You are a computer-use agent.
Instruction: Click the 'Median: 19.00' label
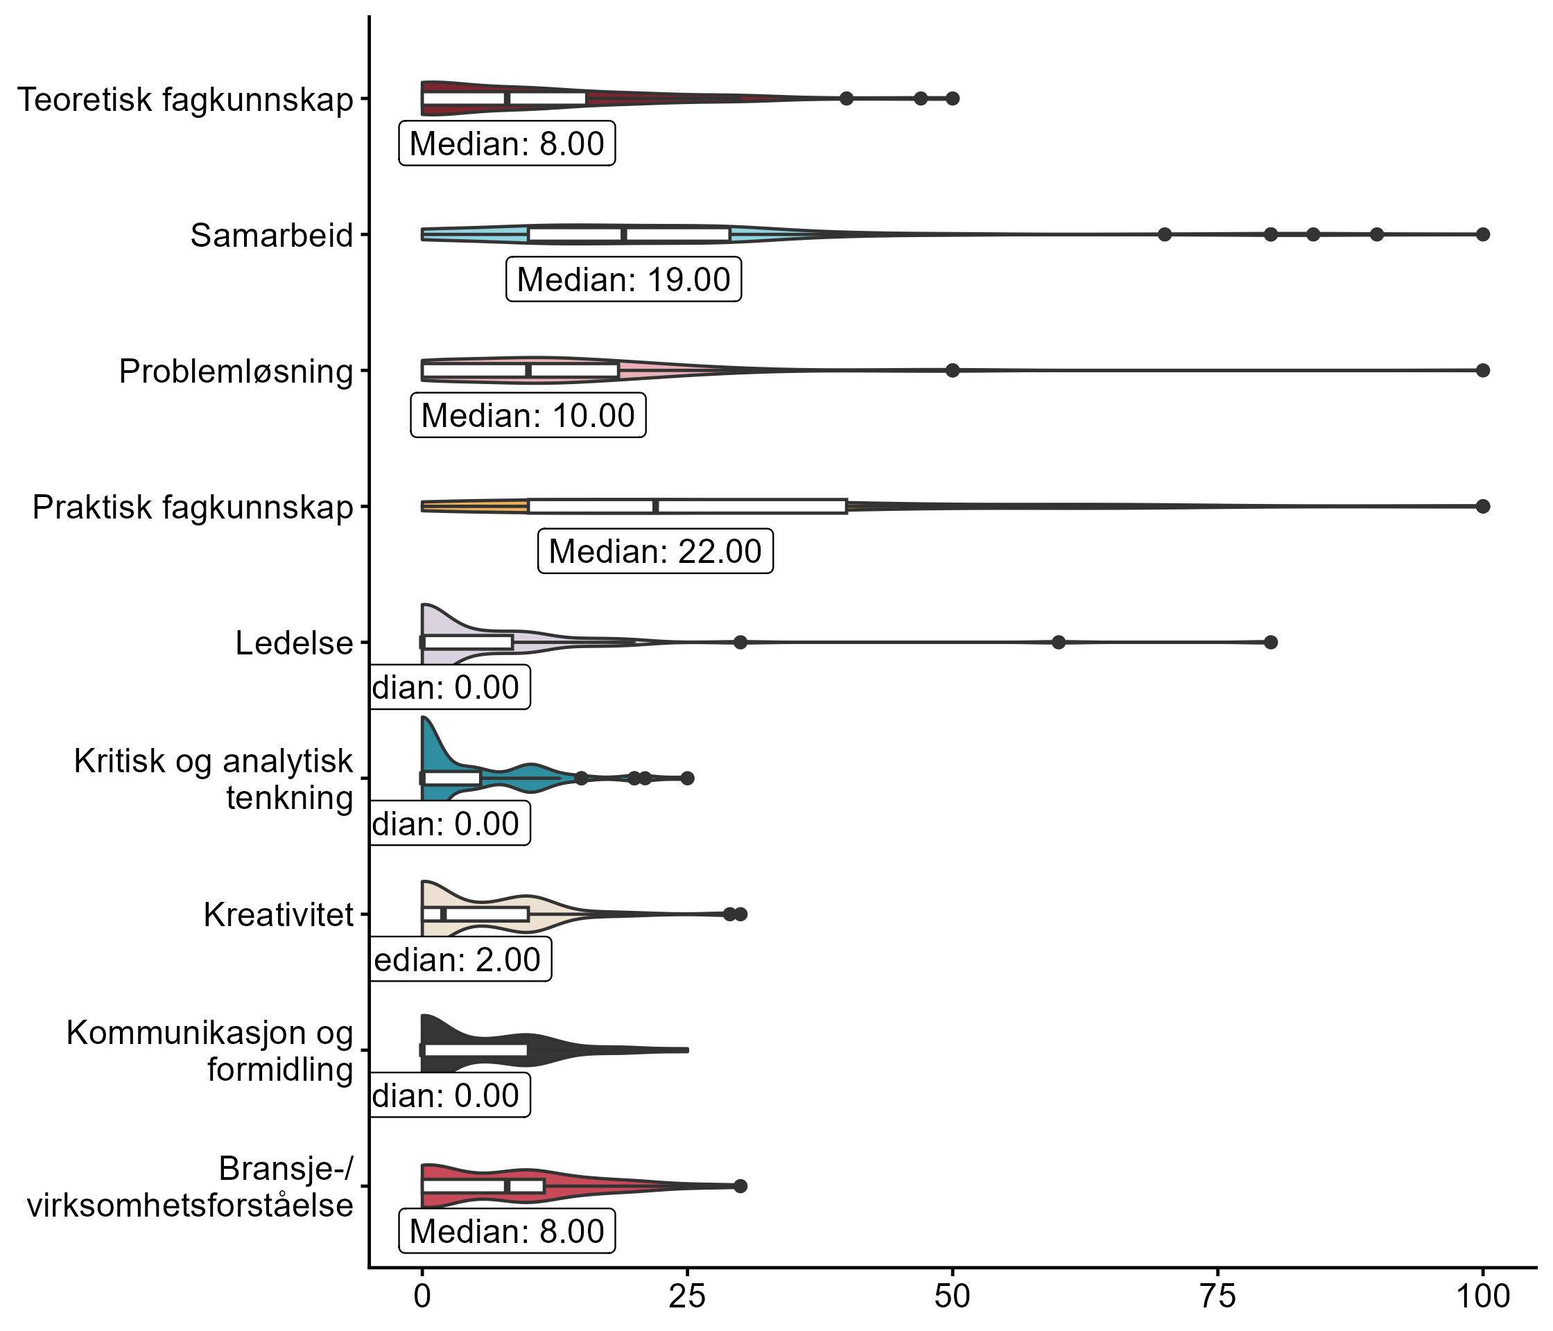click(x=623, y=279)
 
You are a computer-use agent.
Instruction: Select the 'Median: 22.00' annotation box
click(x=655, y=552)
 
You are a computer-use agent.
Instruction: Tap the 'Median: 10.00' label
click(x=528, y=415)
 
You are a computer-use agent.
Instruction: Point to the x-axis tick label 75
click(x=1217, y=1296)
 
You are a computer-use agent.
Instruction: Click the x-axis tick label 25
click(x=687, y=1296)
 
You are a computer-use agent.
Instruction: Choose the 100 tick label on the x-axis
click(x=1482, y=1296)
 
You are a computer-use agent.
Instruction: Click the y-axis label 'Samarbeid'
click(x=271, y=235)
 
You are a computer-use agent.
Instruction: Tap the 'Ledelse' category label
click(x=294, y=643)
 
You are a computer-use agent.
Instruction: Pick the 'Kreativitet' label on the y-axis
click(x=278, y=915)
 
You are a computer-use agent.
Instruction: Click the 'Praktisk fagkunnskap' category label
click(x=193, y=507)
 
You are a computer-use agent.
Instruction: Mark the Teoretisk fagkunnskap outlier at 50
click(x=953, y=98)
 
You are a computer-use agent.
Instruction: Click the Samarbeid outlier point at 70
click(x=1165, y=234)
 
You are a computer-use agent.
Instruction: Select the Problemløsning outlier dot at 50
click(x=953, y=370)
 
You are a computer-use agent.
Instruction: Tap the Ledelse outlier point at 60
click(x=1058, y=642)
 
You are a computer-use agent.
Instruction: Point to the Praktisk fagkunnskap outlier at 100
click(x=1482, y=507)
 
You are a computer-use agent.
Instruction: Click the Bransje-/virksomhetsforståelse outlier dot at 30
click(x=740, y=1185)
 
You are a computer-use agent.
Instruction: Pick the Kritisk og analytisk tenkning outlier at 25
click(x=687, y=778)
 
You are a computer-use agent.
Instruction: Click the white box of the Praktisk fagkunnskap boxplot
click(x=687, y=507)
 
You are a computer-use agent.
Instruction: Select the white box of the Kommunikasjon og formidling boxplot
click(x=475, y=1050)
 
